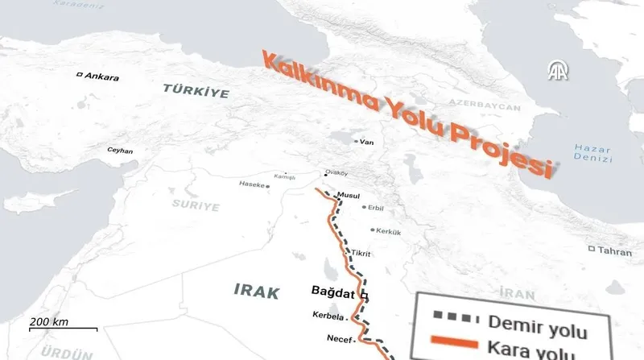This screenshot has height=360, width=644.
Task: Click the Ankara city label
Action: point(101,77)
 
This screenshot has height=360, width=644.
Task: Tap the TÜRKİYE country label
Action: point(196,90)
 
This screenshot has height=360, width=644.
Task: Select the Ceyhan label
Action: point(119,151)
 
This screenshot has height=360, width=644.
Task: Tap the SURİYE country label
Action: point(196,206)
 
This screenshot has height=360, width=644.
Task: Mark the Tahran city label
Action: point(615,250)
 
